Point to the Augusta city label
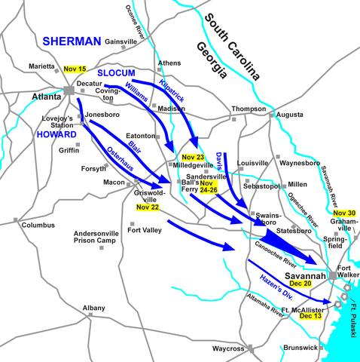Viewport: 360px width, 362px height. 290,115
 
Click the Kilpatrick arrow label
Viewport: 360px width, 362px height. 174,90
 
